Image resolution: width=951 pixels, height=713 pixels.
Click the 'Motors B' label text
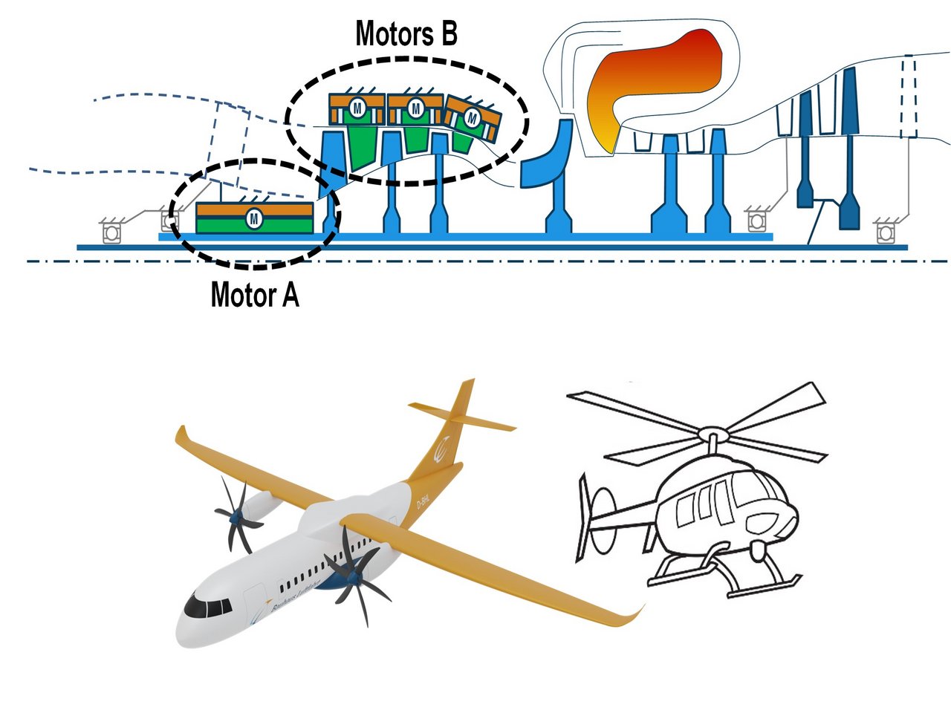click(x=406, y=34)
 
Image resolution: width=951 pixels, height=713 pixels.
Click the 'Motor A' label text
click(x=255, y=296)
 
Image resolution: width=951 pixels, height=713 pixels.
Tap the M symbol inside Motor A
click(x=255, y=218)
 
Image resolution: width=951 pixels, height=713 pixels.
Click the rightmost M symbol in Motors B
click(x=473, y=117)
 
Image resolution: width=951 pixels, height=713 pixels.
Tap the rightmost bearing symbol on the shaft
click(x=884, y=232)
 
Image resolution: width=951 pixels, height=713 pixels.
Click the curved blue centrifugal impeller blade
click(x=546, y=156)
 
